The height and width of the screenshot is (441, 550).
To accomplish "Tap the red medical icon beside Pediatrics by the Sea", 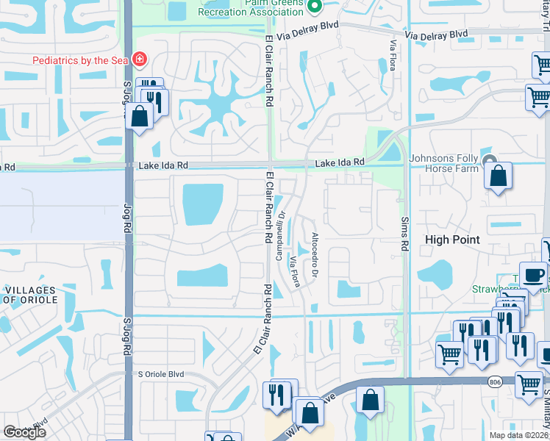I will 139,60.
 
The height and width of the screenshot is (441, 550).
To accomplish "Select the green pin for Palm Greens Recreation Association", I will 315,7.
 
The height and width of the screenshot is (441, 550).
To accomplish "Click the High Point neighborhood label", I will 452,240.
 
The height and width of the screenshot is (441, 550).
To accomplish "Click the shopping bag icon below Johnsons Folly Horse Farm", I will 498,176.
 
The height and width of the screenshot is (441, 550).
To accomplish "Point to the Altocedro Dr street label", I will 315,254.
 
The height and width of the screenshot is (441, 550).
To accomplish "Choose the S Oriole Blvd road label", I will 161,373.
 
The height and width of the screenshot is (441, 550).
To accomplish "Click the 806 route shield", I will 495,381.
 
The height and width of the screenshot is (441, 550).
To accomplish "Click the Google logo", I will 24,432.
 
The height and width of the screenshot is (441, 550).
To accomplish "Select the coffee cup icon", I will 533,275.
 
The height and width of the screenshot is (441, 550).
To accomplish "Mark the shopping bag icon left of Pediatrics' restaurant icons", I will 139,116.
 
